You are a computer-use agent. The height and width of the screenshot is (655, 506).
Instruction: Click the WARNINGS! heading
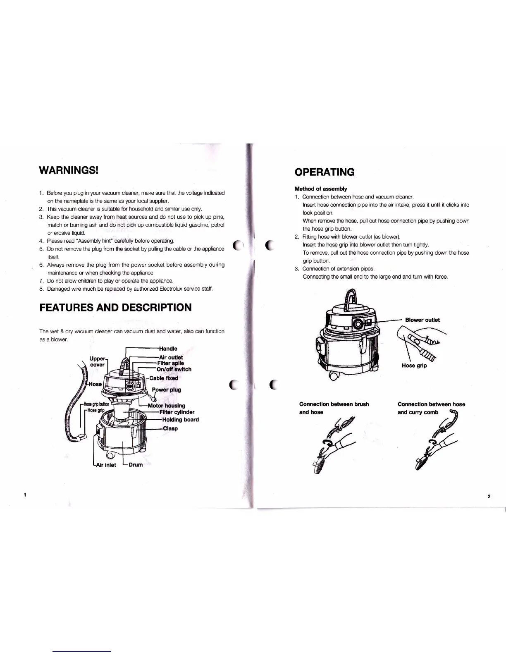click(x=68, y=170)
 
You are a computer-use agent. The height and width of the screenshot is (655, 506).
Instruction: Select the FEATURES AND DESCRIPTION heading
click(x=115, y=308)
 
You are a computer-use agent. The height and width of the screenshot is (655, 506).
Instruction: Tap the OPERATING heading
click(x=324, y=172)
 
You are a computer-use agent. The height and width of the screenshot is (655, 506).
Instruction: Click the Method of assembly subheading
click(x=320, y=189)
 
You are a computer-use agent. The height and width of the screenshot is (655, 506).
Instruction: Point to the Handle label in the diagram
click(x=168, y=349)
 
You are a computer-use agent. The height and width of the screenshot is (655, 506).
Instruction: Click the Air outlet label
click(x=171, y=357)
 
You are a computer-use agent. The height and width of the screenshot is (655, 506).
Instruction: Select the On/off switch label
click(x=174, y=369)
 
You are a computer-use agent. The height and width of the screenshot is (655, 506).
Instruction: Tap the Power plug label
click(x=166, y=390)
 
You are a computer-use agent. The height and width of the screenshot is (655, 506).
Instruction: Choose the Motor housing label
click(x=166, y=406)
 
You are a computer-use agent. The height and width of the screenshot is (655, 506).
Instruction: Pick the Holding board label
click(x=180, y=419)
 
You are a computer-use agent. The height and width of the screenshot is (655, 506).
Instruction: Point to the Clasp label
click(x=170, y=428)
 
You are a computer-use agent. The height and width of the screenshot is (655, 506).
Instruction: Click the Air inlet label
click(x=106, y=465)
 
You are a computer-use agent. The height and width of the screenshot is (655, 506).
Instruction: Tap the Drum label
click(x=136, y=465)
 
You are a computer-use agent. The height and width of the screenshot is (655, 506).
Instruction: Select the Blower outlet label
click(x=422, y=320)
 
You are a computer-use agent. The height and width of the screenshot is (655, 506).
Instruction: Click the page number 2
click(x=489, y=497)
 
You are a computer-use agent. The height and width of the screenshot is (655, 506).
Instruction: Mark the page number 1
click(x=25, y=495)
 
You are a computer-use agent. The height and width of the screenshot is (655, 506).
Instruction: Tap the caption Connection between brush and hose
click(x=334, y=408)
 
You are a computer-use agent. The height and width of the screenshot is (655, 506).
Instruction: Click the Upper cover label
click(x=98, y=361)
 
